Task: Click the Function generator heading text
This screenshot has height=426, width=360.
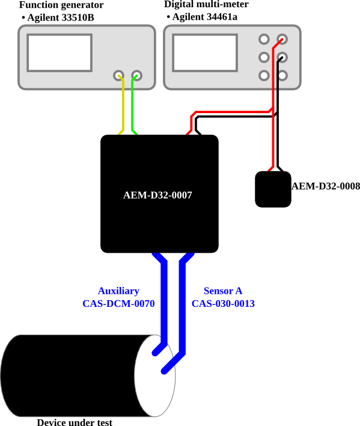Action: pos(61,5)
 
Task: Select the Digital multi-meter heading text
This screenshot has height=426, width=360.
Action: pos(207,4)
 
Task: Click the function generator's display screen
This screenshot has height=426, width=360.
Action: pos(59,53)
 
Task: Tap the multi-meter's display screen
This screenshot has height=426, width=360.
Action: pos(205,53)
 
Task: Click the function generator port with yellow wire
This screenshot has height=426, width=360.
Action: pos(118,75)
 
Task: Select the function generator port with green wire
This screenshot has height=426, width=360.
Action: pos(136,75)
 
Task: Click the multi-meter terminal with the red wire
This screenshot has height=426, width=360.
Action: pos(282,39)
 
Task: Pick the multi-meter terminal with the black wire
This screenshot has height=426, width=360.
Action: pos(282,57)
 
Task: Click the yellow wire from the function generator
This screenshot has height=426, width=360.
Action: pos(123,106)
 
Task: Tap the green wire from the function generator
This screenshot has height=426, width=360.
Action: pos(132,106)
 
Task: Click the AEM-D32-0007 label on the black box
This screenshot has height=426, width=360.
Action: pos(157,195)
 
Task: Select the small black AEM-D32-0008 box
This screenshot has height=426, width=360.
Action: pos(273,189)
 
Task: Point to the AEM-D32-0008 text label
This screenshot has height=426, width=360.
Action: pos(326,186)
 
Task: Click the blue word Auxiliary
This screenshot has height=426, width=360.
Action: pos(118,291)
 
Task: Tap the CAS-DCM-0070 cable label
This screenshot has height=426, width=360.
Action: pos(118,303)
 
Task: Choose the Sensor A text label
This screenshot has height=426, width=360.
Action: pos(223,291)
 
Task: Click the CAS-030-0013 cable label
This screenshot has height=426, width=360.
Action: pos(223,303)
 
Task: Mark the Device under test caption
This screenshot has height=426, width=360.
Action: pos(75,422)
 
